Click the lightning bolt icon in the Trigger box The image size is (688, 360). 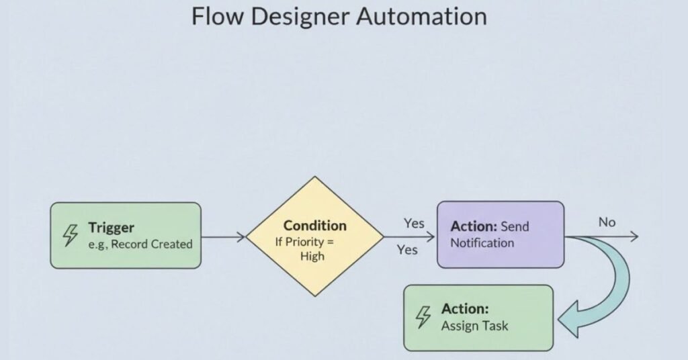click(71, 236)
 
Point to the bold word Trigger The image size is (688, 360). click(112, 227)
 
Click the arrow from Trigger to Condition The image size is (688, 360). click(223, 236)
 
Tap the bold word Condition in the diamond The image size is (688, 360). click(314, 226)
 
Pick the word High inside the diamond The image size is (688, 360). click(312, 256)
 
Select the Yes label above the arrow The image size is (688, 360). click(414, 223)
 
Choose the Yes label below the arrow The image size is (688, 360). click(406, 250)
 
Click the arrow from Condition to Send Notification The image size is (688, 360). click(410, 236)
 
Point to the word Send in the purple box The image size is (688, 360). click(515, 226)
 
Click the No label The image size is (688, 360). click(607, 222)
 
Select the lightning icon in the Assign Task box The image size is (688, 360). click(423, 317)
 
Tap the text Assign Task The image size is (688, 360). click(474, 326)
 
